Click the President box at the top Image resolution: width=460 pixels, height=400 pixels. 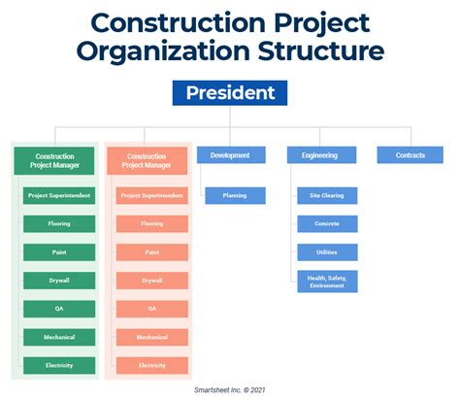[230, 93]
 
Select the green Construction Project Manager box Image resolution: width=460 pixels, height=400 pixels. [54, 161]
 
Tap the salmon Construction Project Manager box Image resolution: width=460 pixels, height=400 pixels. [147, 161]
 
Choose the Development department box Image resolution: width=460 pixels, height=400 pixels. [230, 155]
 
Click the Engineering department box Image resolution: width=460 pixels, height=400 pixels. [320, 155]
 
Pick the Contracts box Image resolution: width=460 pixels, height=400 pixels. [411, 155]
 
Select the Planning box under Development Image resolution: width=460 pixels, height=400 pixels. [235, 195]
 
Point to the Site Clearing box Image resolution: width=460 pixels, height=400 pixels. [327, 195]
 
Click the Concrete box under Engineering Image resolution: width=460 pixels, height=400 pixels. [327, 223]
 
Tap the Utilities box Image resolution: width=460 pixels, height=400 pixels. [327, 252]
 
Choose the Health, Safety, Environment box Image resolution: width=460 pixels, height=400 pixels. [327, 282]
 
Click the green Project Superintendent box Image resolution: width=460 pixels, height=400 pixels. [59, 196]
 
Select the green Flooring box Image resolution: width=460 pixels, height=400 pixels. [59, 224]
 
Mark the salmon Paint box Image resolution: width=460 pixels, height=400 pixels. [151, 252]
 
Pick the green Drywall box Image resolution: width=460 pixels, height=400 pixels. [59, 281]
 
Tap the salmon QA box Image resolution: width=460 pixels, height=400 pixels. [151, 309]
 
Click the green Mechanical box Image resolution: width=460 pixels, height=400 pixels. [59, 337]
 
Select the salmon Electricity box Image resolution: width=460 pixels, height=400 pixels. [151, 365]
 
